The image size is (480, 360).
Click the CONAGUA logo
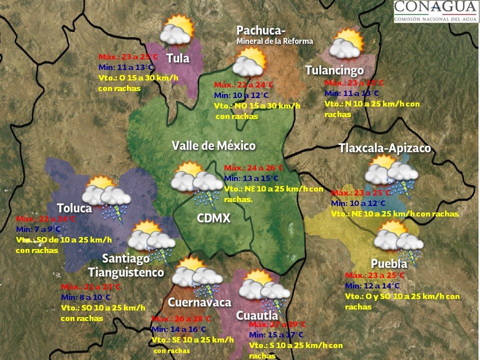pos(435,11)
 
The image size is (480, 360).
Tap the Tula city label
pos(178,58)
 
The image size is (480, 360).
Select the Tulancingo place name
pos(334,70)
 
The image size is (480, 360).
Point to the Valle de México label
pos(213,146)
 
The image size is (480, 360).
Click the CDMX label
pos(214,218)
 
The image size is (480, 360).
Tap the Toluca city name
pos(74,207)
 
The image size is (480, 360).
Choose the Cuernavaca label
pos(199,302)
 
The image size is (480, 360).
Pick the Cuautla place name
pos(257,315)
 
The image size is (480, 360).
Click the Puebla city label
pos(389,263)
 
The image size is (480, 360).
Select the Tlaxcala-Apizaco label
pos(384,148)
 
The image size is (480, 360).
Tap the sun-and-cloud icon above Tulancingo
pos(345,43)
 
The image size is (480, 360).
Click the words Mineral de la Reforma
pos(274,41)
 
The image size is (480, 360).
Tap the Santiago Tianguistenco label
pos(126,265)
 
